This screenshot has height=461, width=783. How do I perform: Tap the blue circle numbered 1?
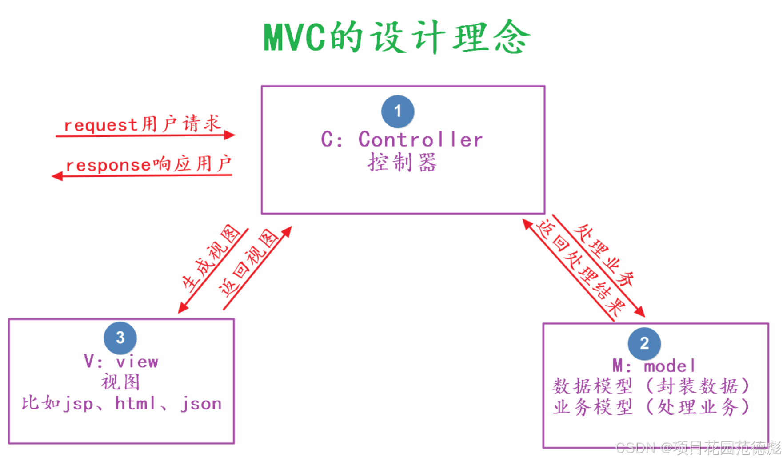tap(398, 111)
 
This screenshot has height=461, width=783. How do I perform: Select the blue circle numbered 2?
tap(644, 343)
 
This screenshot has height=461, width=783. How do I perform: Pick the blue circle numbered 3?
tap(120, 338)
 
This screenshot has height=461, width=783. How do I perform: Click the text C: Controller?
tap(402, 140)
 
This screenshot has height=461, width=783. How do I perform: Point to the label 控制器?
tap(402, 163)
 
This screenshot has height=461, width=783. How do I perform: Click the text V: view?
tap(121, 362)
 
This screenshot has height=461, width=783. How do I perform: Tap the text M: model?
tap(654, 366)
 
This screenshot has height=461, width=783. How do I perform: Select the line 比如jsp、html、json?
tap(122, 404)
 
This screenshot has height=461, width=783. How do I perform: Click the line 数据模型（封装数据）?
tap(651, 386)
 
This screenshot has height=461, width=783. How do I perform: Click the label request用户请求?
tap(142, 124)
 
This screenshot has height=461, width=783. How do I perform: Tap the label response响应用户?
tap(148, 164)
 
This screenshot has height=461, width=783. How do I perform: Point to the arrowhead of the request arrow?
tap(230, 135)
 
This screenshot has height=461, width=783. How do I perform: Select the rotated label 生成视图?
tap(211, 258)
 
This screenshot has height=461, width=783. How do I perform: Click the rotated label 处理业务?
tap(604, 255)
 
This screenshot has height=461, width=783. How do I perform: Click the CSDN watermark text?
tap(698, 448)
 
